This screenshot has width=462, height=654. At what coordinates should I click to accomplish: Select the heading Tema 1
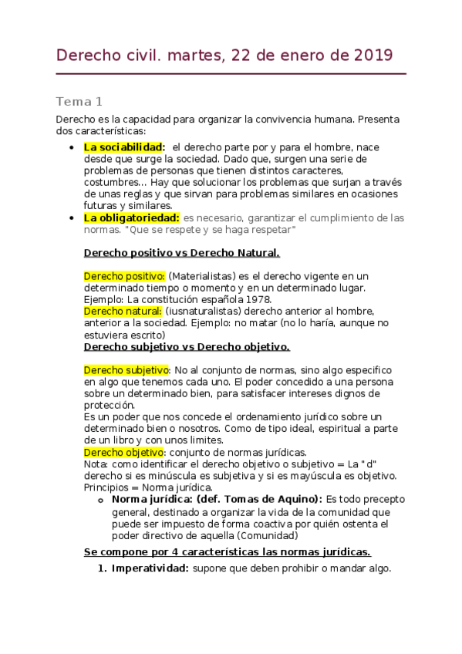pos(79,102)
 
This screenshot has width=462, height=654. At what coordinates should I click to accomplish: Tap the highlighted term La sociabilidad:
pos(124,147)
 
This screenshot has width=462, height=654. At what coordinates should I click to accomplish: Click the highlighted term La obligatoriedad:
pos(131,217)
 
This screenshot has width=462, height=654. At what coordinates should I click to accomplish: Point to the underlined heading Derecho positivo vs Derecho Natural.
pos(181,253)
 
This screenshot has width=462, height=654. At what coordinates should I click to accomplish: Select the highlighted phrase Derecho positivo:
pos(124,275)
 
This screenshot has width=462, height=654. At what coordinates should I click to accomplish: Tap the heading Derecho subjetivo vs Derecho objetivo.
pos(187,346)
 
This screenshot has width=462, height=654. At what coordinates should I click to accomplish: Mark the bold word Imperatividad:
pos(150,569)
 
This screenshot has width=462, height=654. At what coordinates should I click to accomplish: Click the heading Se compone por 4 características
pos(227,551)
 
